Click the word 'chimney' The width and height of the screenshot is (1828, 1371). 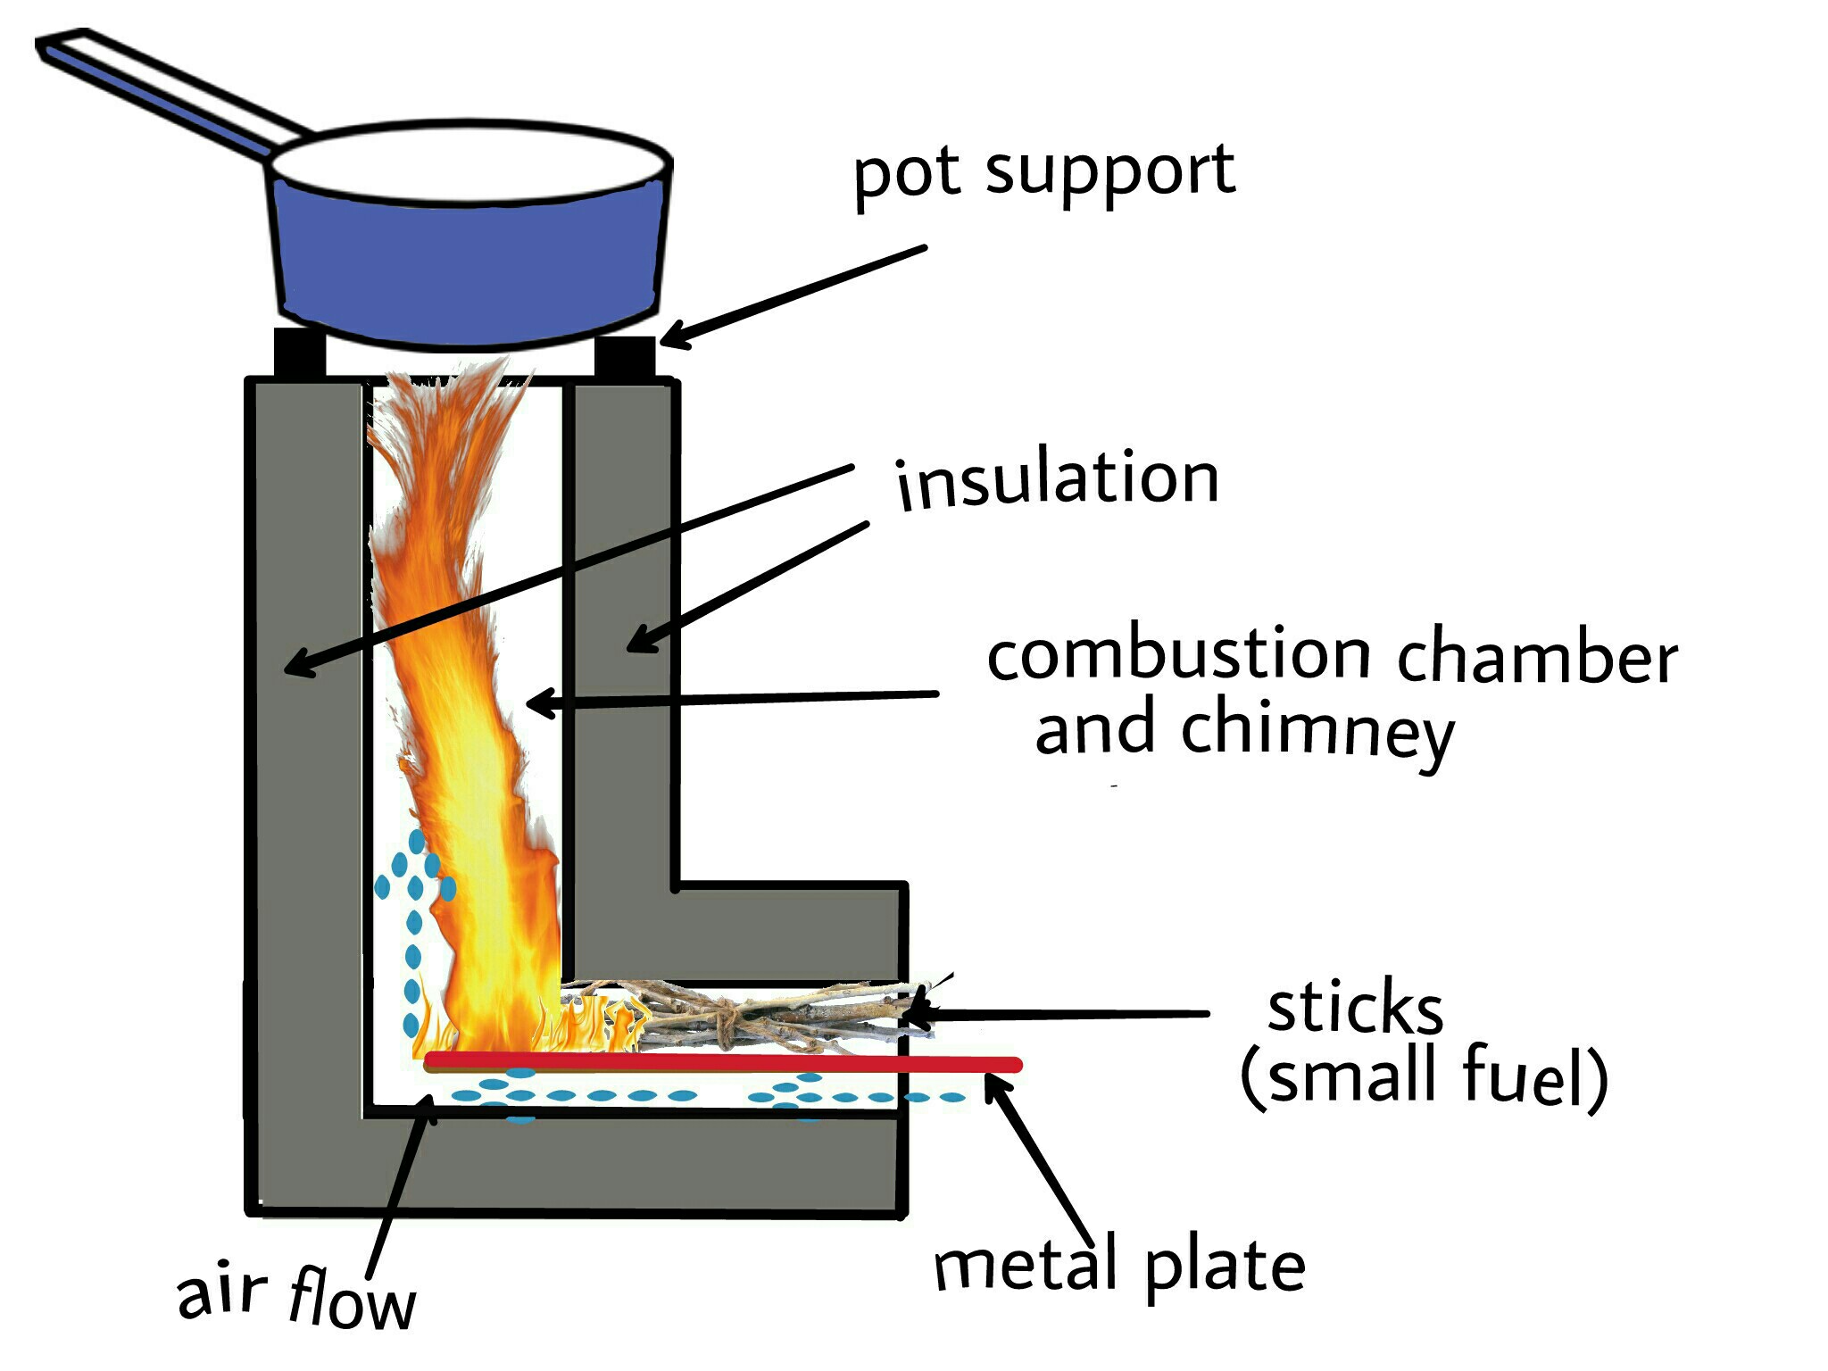1317,732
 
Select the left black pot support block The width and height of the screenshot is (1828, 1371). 299,353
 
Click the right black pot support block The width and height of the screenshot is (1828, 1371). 625,355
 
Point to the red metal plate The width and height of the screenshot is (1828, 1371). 723,1062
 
